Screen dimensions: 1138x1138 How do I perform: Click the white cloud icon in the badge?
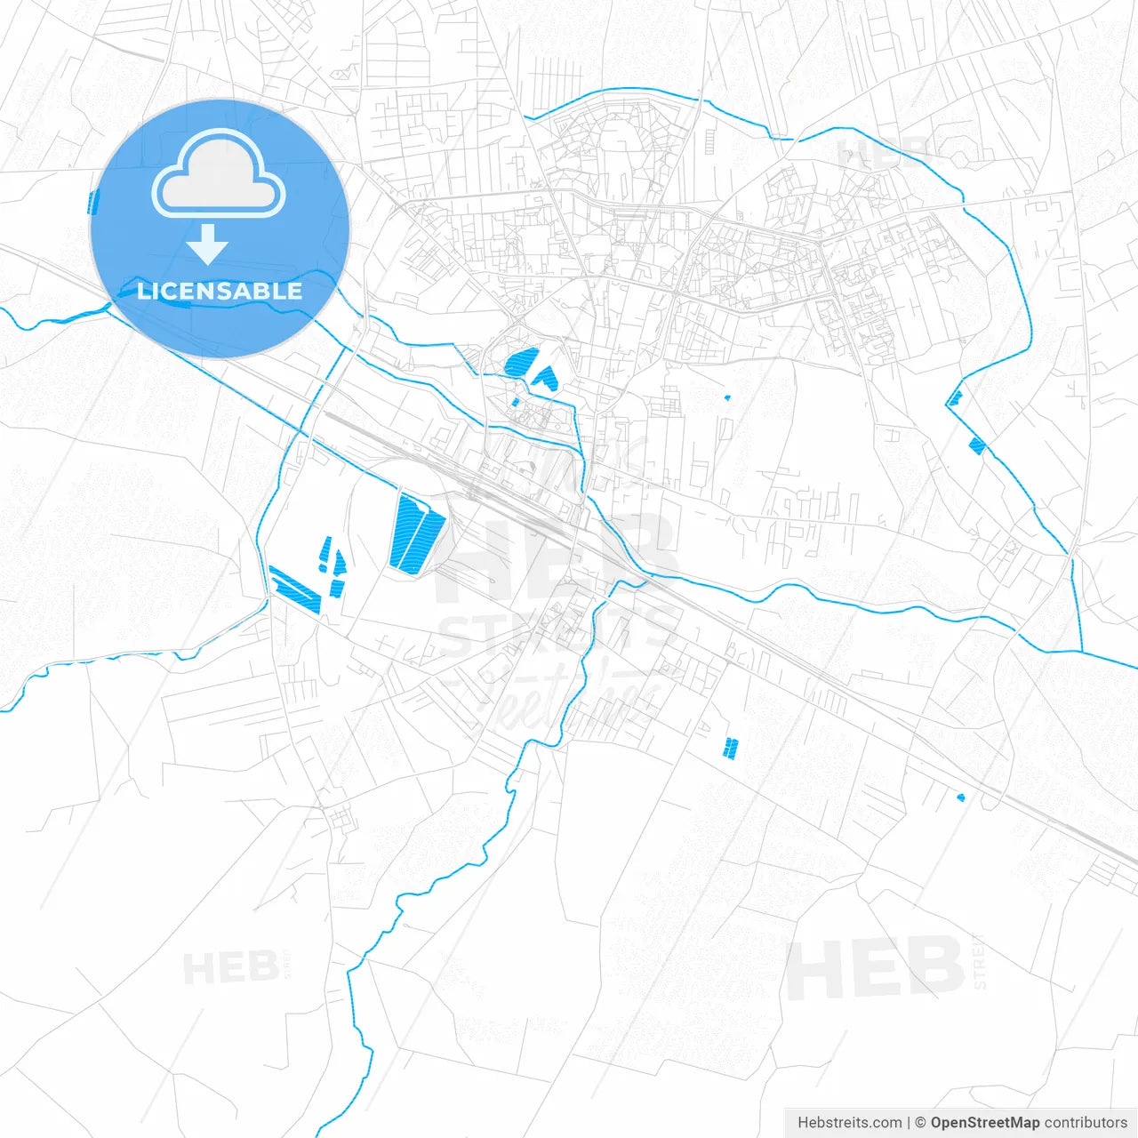219,174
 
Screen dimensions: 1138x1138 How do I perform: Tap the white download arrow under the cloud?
208,244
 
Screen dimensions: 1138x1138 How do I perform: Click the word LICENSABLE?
220,291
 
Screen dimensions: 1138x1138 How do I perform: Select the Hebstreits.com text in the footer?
849,1123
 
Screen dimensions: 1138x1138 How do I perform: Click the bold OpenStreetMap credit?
984,1123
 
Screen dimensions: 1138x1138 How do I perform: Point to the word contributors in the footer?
1086,1123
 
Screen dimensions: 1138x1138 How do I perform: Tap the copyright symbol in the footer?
920,1123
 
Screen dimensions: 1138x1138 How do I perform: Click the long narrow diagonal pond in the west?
295,589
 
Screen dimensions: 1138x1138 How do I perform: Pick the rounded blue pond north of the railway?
521,362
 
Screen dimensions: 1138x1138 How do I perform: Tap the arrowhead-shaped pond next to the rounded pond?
545,378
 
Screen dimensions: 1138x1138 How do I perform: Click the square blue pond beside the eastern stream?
977,445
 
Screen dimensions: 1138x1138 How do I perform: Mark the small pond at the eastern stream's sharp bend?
954,397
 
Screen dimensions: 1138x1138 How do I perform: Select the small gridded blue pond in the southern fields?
731,748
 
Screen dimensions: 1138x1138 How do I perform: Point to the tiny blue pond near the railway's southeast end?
960,797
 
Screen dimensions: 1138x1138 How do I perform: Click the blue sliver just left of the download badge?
91,203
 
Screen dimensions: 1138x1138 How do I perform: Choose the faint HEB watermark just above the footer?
875,967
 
